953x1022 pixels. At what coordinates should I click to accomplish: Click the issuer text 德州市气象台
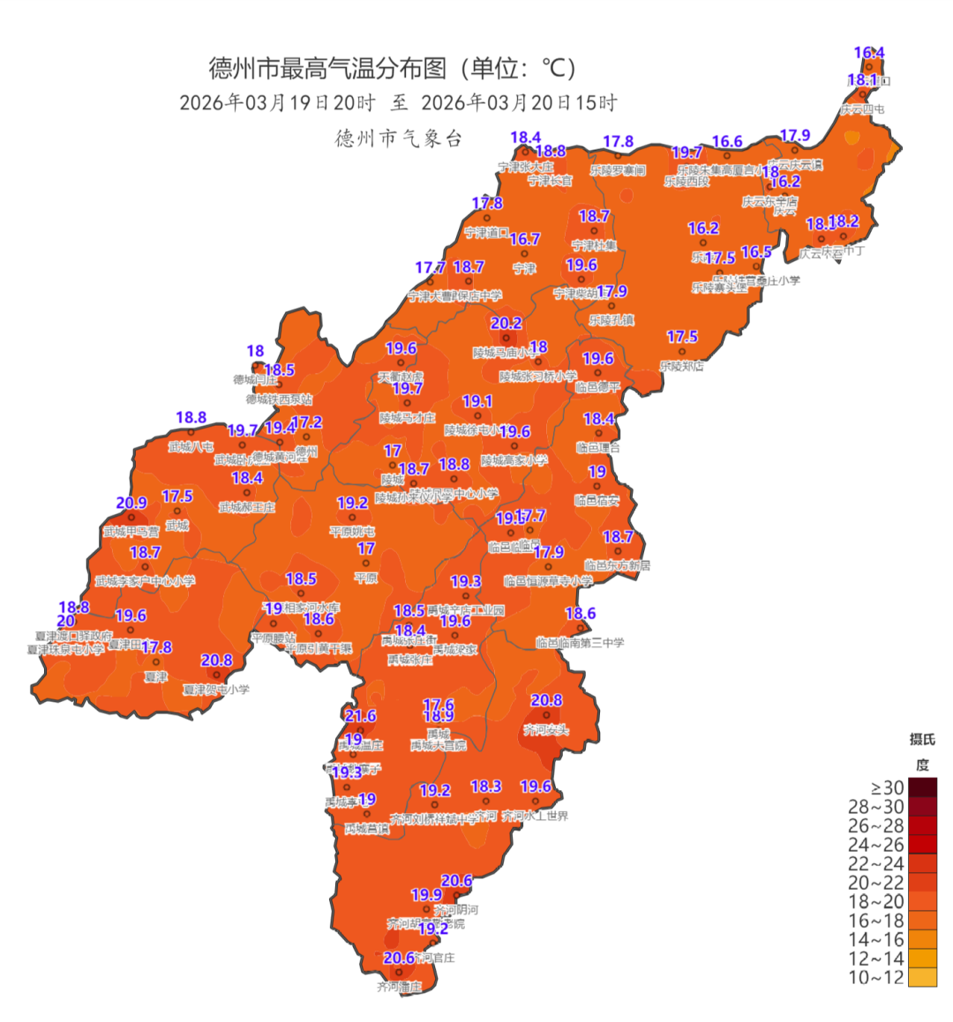(399, 138)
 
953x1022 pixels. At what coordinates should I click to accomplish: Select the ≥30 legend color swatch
(922, 787)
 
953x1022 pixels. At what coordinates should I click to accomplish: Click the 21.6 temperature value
(360, 716)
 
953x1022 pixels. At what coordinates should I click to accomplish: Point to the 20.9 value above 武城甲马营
(131, 504)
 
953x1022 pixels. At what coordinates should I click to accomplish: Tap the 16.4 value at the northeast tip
(869, 53)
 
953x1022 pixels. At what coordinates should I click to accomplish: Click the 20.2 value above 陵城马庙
(507, 325)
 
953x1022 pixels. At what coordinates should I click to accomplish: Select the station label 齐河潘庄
(399, 988)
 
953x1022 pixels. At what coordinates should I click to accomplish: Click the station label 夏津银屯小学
(216, 690)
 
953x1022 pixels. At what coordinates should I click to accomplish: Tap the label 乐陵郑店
(682, 366)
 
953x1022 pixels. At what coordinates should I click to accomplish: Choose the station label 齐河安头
(546, 730)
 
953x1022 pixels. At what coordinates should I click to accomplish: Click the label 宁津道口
(487, 233)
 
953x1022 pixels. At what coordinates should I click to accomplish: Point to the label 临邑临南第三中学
(580, 643)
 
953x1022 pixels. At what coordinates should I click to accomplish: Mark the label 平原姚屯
(352, 532)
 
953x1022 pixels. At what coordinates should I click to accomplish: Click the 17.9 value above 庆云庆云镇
(795, 136)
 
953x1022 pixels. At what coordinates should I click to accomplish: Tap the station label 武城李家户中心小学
(146, 582)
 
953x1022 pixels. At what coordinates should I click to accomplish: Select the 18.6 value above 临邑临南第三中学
(581, 614)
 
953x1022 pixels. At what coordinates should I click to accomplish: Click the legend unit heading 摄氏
(922, 739)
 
